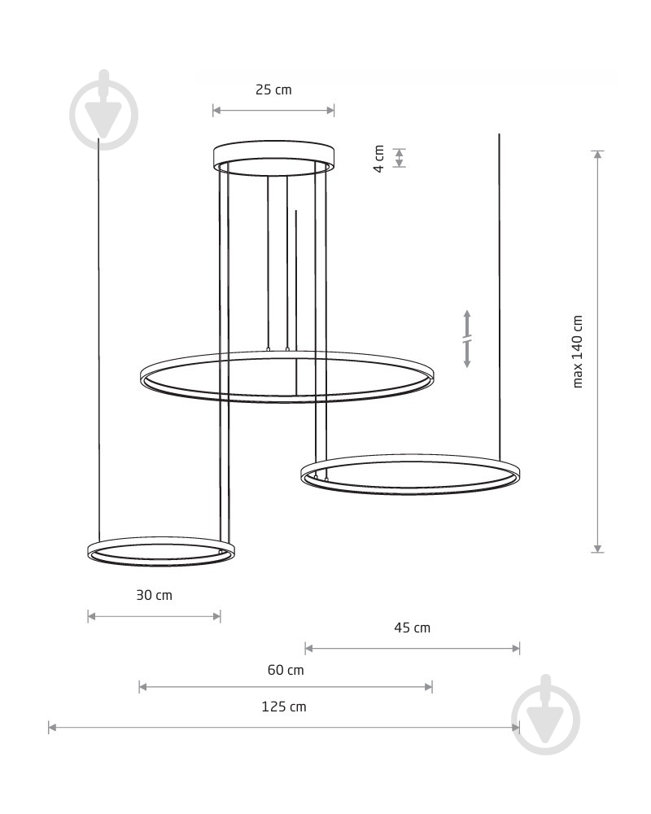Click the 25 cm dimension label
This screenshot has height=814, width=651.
coord(273,90)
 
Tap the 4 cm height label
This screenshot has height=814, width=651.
coord(379,159)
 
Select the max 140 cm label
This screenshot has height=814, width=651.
coord(577,352)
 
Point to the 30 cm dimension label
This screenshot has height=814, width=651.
coord(154,595)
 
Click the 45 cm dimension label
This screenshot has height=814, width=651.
coord(413,628)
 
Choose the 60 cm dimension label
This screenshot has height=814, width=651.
coord(286,670)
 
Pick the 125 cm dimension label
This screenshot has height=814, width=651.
coord(284,707)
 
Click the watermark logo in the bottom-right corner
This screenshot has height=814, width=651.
coord(545,716)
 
